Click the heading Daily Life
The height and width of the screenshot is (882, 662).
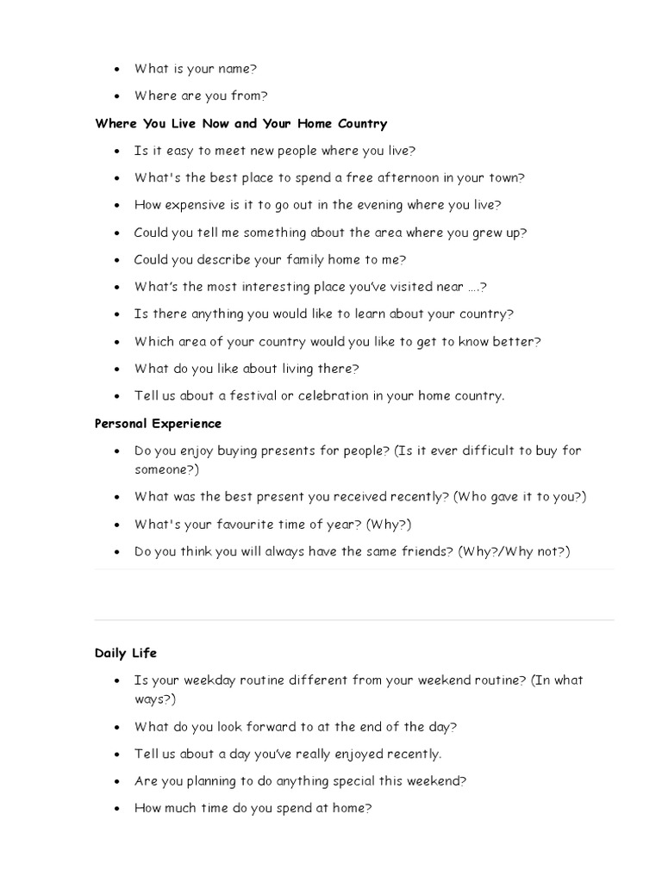[x=126, y=653]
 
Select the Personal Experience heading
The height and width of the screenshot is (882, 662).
[x=158, y=423]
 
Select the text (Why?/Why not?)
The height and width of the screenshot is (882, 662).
[x=514, y=551]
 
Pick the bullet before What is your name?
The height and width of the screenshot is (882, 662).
[x=116, y=69]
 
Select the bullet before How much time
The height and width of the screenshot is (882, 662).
[x=116, y=810]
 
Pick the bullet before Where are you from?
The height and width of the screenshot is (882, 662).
[x=116, y=96]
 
